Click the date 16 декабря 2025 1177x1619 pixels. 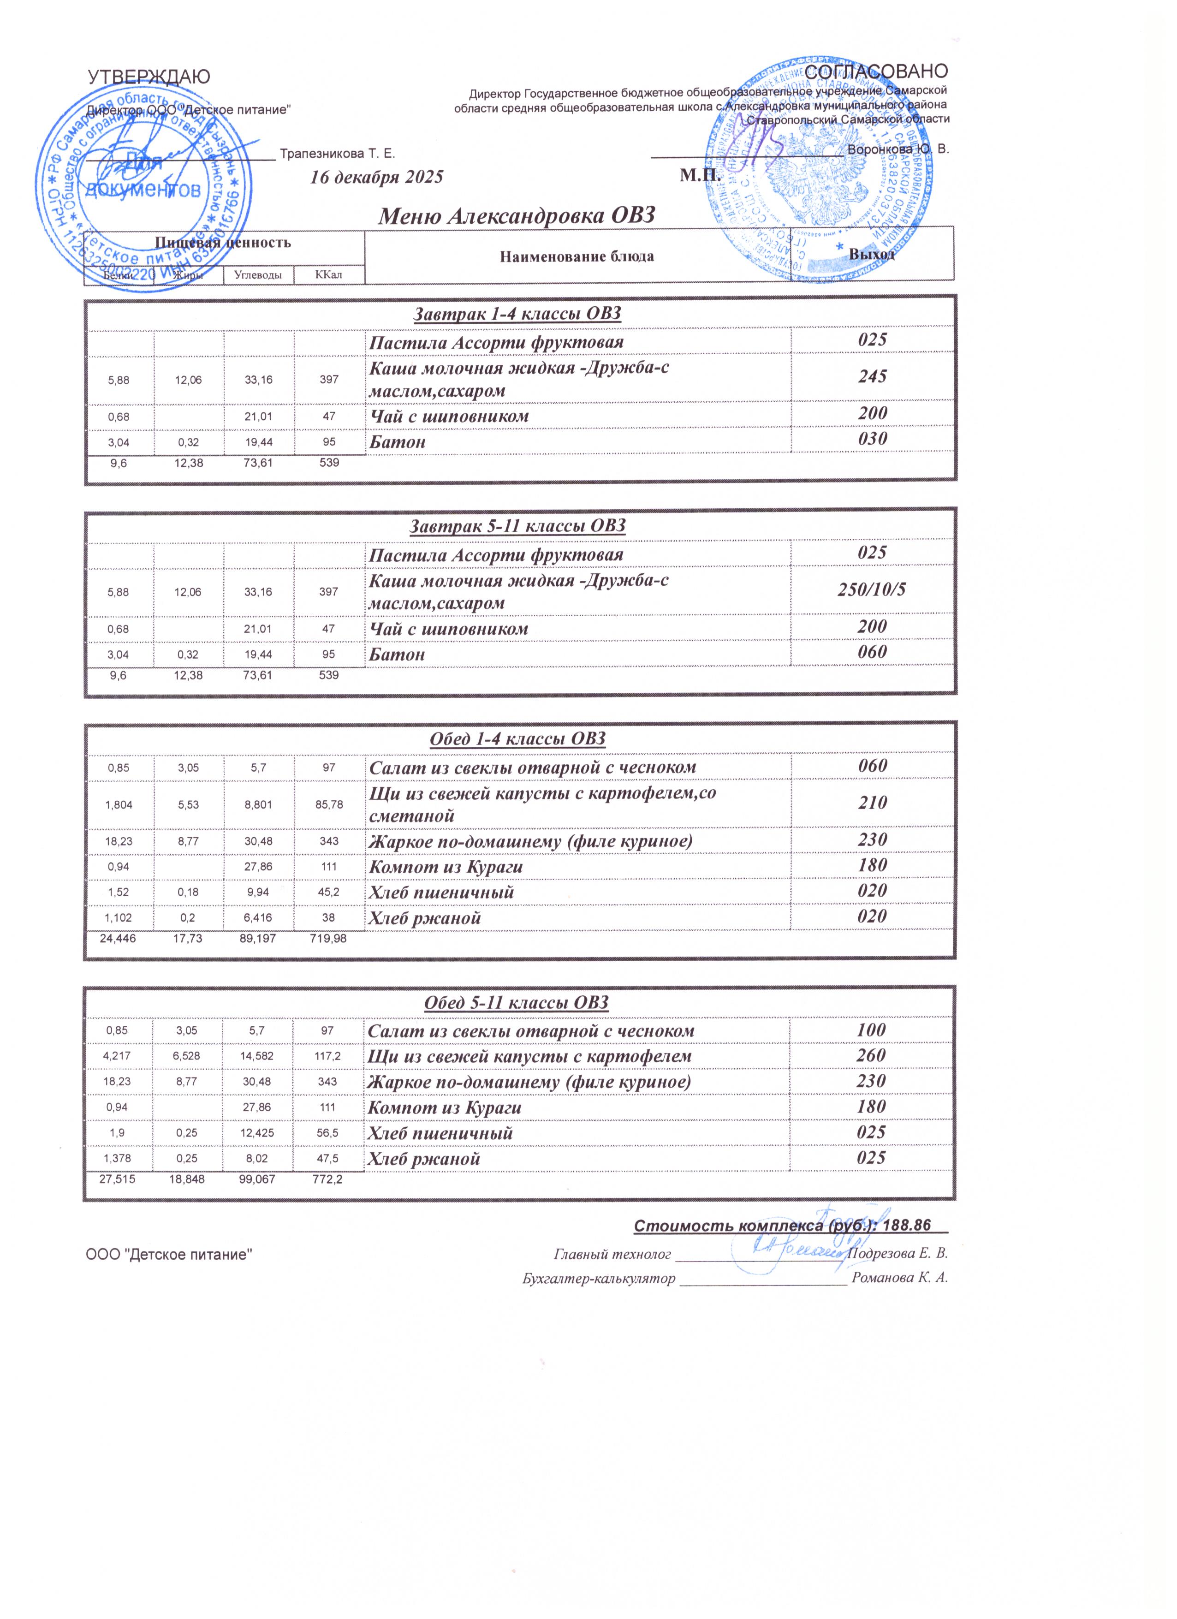coord(376,177)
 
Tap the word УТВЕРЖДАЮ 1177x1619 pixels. coord(149,77)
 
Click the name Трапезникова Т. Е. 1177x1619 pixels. coord(338,154)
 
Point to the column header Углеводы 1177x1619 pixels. coord(258,275)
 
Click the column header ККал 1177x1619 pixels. coord(328,275)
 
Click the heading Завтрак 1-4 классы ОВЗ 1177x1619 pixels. coord(518,314)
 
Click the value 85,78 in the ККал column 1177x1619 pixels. coord(329,804)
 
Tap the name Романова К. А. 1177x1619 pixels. coord(900,1278)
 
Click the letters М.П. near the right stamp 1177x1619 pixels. coord(701,175)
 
